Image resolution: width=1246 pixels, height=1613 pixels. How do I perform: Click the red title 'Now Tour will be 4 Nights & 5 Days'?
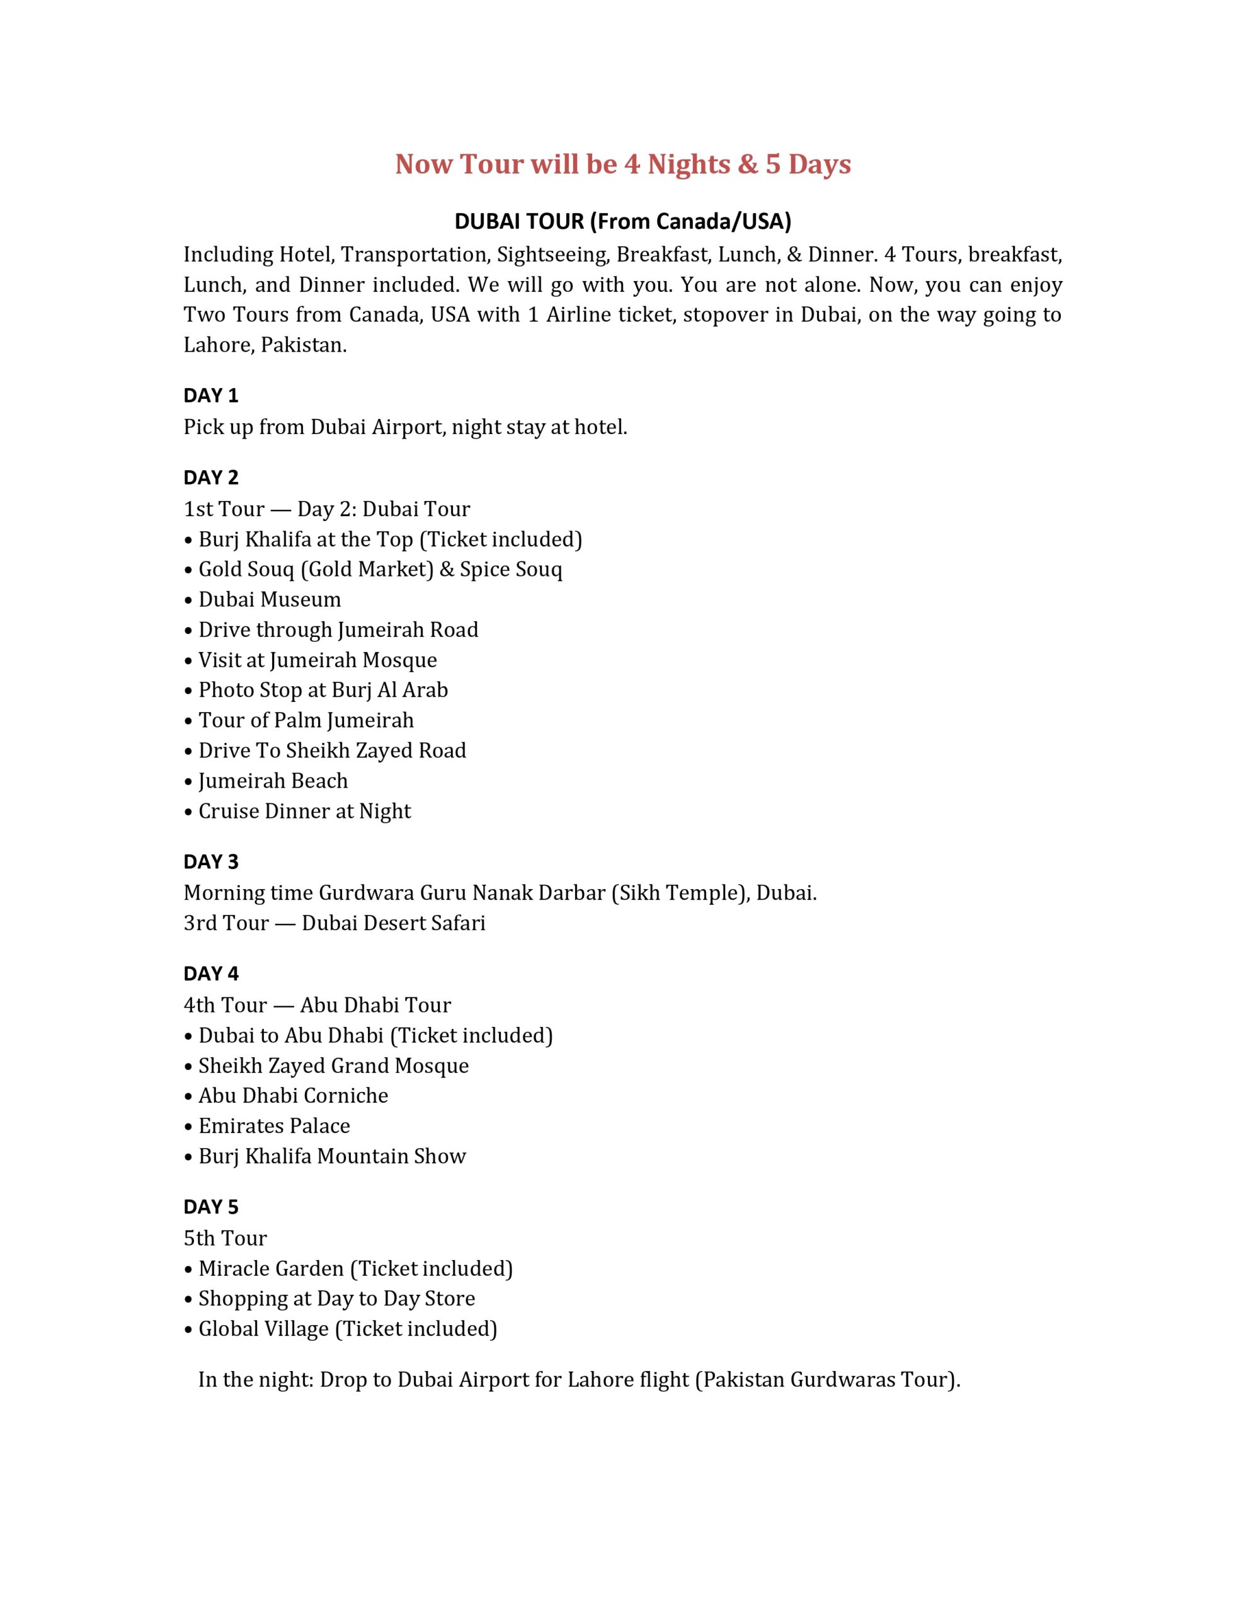tap(622, 164)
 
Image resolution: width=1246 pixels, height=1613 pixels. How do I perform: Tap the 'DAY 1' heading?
tap(210, 396)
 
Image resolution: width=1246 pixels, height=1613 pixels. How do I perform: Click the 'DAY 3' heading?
tap(210, 862)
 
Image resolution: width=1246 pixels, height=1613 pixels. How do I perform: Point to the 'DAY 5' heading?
tap(210, 1207)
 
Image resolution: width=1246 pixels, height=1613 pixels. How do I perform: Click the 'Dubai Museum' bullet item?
tap(270, 600)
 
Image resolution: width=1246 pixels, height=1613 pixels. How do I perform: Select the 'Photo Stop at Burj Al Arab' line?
tap(323, 690)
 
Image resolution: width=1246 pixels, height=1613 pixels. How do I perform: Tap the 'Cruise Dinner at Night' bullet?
tap(304, 811)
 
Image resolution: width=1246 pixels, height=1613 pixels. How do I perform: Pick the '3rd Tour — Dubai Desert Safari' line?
tap(334, 923)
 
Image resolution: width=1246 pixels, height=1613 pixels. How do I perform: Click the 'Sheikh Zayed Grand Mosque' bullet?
tap(333, 1065)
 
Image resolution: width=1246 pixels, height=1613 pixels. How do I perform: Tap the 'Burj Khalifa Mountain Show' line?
tap(331, 1156)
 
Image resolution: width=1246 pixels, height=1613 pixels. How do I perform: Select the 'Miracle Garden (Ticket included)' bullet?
tap(355, 1268)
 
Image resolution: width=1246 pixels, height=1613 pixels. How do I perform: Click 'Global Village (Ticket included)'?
tap(347, 1329)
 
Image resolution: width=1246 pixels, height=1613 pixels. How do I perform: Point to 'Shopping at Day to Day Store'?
tap(336, 1299)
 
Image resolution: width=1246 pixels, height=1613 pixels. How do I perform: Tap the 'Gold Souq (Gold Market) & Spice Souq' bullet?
tap(380, 570)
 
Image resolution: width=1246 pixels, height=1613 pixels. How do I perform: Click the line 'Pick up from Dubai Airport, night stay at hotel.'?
tap(406, 427)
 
